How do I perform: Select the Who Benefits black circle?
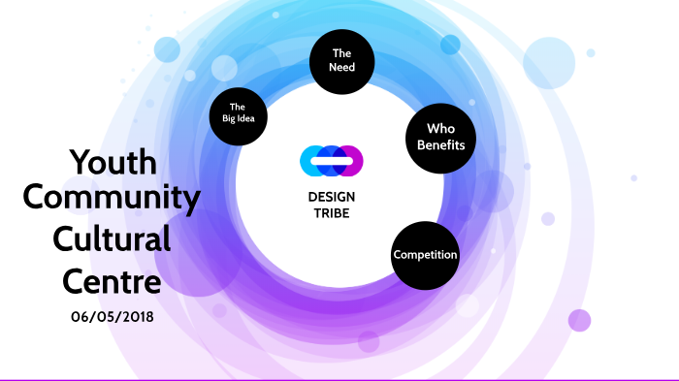point(440,137)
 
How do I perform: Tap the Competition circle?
point(425,255)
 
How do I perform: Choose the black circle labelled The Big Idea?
point(239,112)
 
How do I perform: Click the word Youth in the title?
point(113,162)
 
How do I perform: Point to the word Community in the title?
point(112,199)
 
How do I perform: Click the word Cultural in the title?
point(112,238)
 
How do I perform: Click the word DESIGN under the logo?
point(331,198)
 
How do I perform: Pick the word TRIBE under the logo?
point(331,213)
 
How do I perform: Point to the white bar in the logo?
point(331,161)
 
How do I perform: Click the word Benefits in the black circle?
point(440,145)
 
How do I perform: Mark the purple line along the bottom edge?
point(339,379)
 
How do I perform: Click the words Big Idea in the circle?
point(239,118)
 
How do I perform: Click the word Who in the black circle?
point(440,129)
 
